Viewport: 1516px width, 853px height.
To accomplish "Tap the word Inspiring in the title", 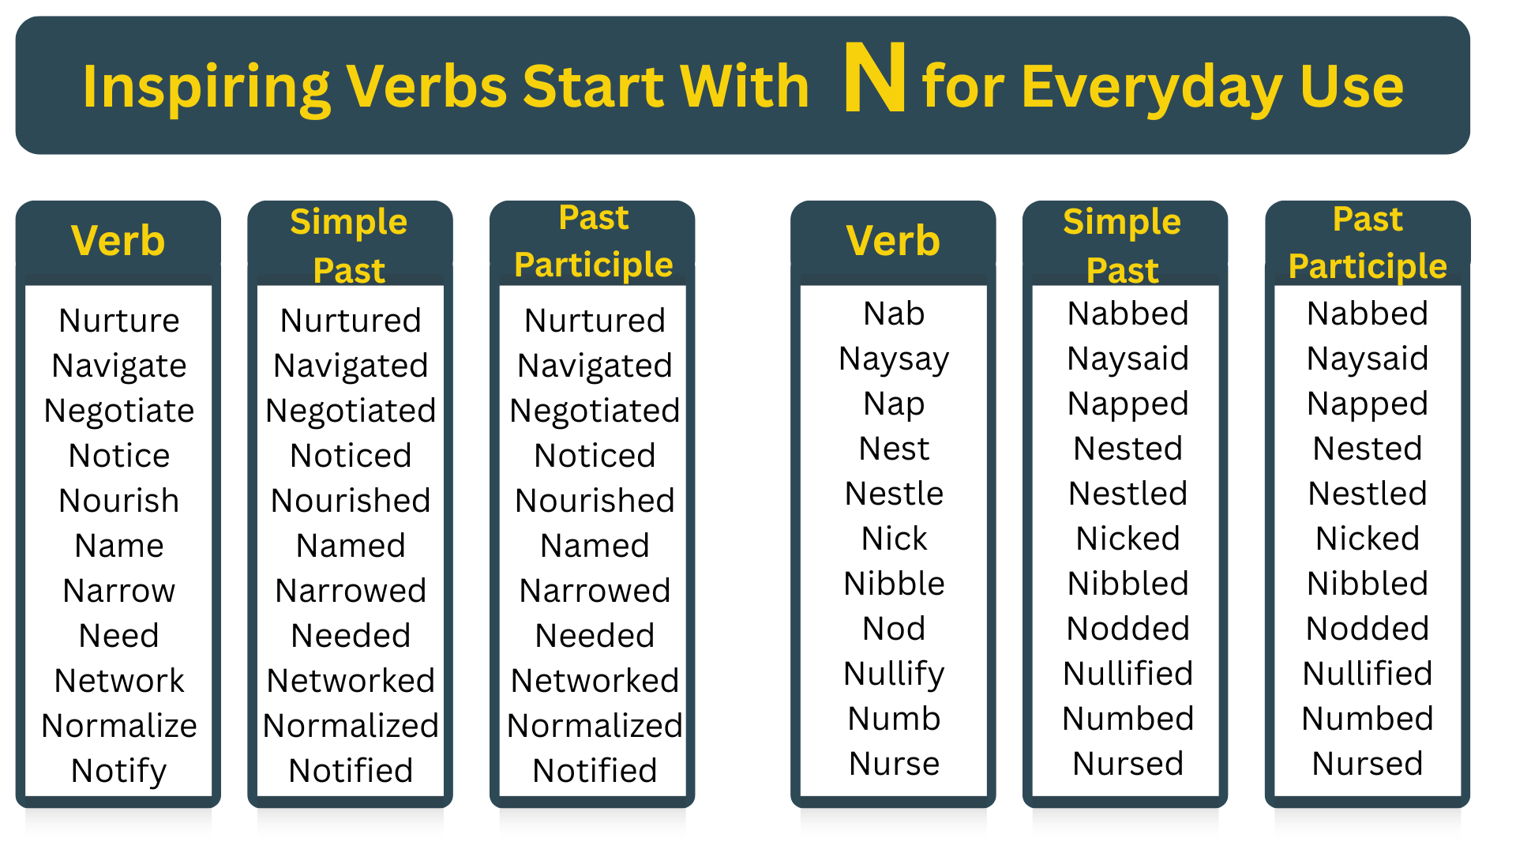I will pos(206,87).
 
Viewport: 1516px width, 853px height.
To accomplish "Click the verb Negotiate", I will pos(119,411).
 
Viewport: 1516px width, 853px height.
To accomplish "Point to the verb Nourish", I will pos(119,501).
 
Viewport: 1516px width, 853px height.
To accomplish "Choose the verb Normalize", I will pos(119,726).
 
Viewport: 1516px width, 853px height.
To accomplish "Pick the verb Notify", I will pos(119,771).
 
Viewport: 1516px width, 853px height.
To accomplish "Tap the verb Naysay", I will pos(894,359).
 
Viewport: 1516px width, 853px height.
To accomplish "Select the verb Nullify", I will pos(894,675).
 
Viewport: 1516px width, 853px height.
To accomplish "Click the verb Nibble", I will pos(894,584).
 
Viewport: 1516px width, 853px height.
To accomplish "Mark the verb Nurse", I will pos(894,764).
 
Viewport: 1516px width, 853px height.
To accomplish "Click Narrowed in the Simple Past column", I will pos(351,591).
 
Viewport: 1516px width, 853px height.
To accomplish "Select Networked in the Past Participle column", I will pos(595,681).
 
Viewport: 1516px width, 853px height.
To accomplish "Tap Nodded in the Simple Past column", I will pos(1128,629).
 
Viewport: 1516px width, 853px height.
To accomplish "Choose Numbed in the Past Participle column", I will pos(1367,719).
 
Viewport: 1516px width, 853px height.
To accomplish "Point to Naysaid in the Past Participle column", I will pos(1367,359).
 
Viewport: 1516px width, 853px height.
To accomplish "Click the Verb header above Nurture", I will pos(118,241).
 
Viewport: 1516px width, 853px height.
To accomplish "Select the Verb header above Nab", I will pos(893,241).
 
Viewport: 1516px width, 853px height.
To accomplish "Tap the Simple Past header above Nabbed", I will pos(1122,246).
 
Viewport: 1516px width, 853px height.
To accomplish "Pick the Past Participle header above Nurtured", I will pos(594,242).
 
